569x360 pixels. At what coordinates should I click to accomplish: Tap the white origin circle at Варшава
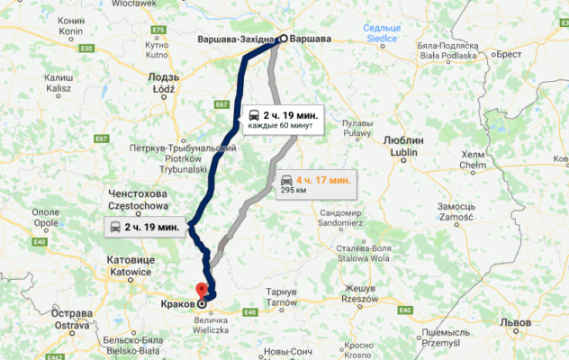(x=282, y=39)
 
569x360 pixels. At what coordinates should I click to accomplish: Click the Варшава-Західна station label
(x=237, y=40)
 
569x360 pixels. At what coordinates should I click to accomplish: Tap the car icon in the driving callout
(x=287, y=180)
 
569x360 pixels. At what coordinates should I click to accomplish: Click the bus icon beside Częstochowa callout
(x=116, y=227)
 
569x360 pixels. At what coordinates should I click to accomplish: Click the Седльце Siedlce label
(x=382, y=32)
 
